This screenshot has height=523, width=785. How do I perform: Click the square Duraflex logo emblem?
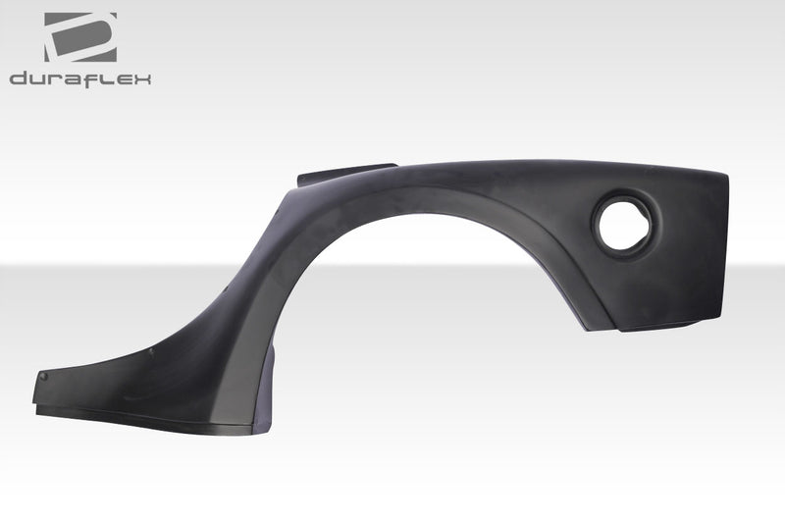coord(79,37)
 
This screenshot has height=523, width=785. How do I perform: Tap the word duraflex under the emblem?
coord(80,78)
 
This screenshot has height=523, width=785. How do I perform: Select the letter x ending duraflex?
coord(143,78)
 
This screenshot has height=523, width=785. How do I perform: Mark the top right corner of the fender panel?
coord(725,175)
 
